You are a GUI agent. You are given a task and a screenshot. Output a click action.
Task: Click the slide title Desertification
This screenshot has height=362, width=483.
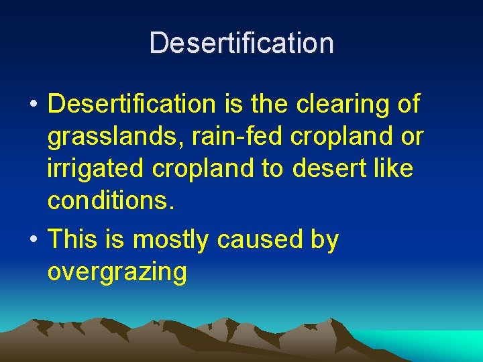[241, 43]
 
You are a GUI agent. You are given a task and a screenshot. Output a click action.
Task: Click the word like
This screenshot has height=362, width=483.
[392, 169]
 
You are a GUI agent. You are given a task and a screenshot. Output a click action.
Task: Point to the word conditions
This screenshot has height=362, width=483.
[111, 201]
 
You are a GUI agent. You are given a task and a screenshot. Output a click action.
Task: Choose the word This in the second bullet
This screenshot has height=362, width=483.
[73, 239]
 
